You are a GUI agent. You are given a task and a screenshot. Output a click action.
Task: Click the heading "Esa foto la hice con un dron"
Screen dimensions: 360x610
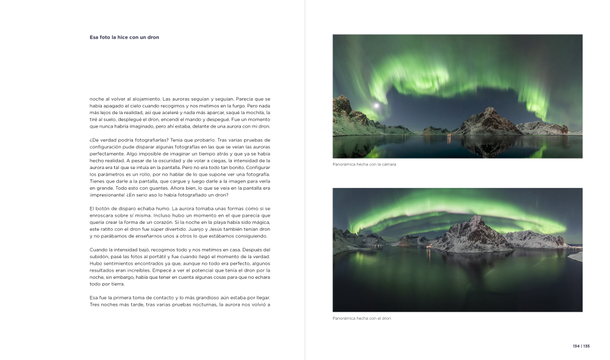[124, 37]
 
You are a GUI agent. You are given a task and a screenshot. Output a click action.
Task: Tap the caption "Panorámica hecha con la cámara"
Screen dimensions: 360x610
[364, 164]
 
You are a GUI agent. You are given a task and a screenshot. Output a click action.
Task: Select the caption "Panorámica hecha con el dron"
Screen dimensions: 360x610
[362, 319]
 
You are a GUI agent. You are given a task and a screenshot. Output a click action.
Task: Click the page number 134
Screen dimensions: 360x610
[576, 346]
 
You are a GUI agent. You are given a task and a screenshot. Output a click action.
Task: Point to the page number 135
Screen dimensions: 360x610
[586, 346]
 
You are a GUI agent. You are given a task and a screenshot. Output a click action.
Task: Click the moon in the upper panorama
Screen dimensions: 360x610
[377, 106]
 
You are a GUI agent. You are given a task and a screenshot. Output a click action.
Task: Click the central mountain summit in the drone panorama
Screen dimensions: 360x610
[474, 218]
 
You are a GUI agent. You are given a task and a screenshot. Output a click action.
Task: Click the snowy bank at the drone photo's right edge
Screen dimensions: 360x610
[576, 256]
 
